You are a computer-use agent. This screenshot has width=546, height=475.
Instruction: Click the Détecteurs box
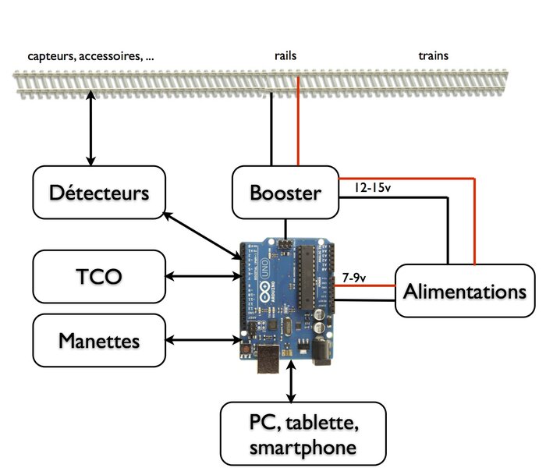click(x=99, y=192)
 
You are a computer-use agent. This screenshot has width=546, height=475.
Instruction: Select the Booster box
click(x=285, y=192)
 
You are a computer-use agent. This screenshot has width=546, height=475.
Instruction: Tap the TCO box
click(x=99, y=277)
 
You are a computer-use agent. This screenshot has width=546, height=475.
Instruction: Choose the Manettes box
click(x=99, y=341)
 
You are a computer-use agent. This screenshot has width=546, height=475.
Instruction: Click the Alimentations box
click(x=465, y=291)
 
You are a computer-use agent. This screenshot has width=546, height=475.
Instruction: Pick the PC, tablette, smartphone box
click(x=303, y=434)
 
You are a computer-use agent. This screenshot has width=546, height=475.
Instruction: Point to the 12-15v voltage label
click(x=373, y=188)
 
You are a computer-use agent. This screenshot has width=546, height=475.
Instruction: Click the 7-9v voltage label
click(x=354, y=278)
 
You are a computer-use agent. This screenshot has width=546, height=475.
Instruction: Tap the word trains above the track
click(x=433, y=55)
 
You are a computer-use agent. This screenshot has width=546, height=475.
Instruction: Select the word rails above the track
click(x=285, y=55)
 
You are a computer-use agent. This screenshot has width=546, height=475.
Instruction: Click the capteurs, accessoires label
click(x=90, y=56)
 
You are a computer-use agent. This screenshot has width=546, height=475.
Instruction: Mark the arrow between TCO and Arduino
click(x=204, y=277)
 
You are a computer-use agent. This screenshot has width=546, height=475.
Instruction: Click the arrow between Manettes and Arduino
click(x=204, y=340)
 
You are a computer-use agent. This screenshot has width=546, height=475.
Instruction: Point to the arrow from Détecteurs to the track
click(x=91, y=128)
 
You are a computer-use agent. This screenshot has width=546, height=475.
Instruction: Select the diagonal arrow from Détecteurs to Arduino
click(x=202, y=236)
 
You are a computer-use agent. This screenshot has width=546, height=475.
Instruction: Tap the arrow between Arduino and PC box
click(x=291, y=381)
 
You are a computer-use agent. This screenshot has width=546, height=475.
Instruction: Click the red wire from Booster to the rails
click(x=298, y=121)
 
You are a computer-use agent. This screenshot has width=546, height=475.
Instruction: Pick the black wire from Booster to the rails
click(x=271, y=129)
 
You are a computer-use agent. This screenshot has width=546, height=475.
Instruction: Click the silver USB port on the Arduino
click(x=268, y=359)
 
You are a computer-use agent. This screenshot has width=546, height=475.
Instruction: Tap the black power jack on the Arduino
click(x=321, y=352)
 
